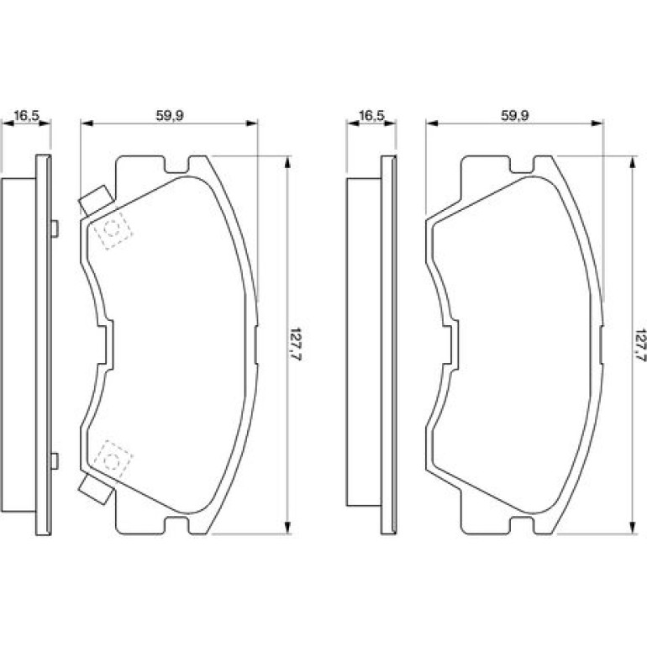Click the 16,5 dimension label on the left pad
[x=26, y=116]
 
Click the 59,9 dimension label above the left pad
[x=169, y=116]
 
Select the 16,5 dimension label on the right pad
[x=371, y=116]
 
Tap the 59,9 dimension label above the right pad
[x=514, y=116]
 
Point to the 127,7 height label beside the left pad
[x=296, y=345]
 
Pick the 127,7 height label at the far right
[x=640, y=345]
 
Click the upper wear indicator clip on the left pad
[x=96, y=201]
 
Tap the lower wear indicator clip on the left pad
[x=96, y=490]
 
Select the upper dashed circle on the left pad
[x=112, y=229]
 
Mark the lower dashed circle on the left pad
[x=112, y=461]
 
